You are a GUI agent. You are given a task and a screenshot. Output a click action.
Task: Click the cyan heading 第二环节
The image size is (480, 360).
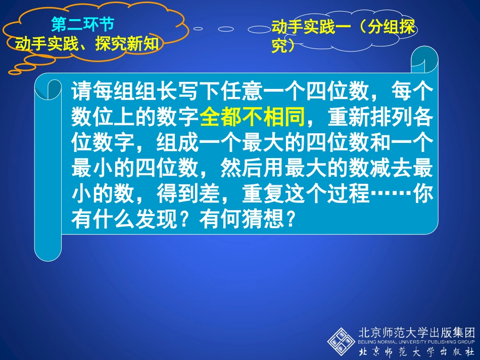coord(82,24)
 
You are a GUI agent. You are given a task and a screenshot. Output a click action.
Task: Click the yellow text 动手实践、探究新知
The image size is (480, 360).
coord(86,44)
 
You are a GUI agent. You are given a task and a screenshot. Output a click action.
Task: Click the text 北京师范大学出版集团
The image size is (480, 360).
coord(416,333)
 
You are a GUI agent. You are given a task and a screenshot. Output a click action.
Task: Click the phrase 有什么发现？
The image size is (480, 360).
coord(134,220)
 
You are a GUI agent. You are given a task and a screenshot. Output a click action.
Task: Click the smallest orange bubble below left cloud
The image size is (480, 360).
coord(15,72)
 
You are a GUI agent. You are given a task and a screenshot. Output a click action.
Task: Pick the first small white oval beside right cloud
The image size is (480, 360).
coord(198,29)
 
